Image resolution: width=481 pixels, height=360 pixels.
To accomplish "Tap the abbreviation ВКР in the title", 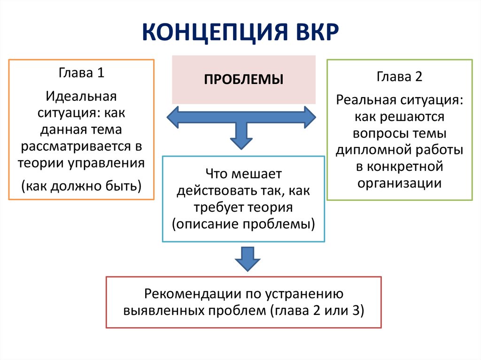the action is coord(317,32).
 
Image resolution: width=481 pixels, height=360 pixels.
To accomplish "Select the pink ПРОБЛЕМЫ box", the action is coord(244,79).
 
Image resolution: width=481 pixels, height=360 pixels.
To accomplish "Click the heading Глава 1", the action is coord(81,73).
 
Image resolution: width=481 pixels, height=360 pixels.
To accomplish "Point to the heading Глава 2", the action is coord(399,77).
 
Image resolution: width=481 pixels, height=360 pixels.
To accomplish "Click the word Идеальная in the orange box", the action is coord(81,96).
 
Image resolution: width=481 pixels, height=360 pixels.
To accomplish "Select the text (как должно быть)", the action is coord(81,186).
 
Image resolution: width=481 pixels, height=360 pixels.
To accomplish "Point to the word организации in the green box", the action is coord(399,184).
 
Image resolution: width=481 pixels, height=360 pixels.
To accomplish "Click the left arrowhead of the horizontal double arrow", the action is coord(173,117).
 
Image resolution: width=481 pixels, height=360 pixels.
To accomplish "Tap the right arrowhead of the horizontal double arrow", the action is coord(310,117).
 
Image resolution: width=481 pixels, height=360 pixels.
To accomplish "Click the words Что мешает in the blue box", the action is coord(244,174).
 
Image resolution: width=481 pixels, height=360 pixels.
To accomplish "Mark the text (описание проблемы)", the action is coord(244,224).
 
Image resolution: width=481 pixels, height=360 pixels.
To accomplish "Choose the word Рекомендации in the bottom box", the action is coord(193,294).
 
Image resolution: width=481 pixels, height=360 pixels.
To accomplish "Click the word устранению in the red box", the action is coord(304,294).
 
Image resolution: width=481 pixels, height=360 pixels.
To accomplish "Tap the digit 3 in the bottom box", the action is coord(356,310).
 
